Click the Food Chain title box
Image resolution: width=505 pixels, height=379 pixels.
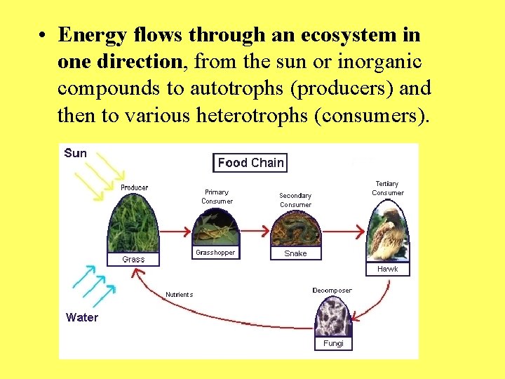click(x=250, y=163)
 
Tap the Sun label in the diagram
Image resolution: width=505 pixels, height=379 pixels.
click(x=76, y=153)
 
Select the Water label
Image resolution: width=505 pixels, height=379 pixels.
click(x=82, y=317)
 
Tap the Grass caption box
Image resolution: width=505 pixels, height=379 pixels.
click(x=133, y=259)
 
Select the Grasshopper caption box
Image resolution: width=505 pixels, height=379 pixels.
click(x=216, y=252)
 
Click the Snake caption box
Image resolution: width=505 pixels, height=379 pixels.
click(x=295, y=253)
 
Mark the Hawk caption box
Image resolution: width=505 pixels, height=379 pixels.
click(x=388, y=269)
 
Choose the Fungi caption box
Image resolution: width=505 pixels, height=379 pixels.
click(x=333, y=343)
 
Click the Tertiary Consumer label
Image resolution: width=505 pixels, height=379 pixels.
click(x=388, y=188)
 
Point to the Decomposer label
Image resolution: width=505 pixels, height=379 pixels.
click(x=332, y=291)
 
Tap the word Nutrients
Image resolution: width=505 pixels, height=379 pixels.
click(x=179, y=295)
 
